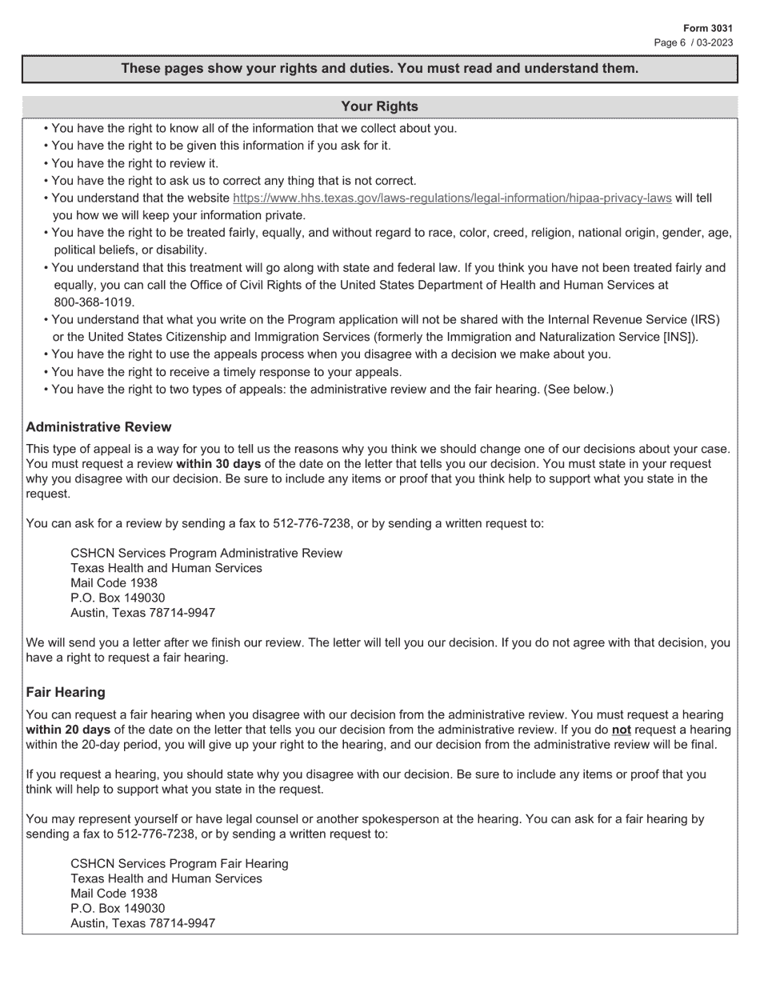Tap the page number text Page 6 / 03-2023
tap(693, 42)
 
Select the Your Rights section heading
tap(379, 106)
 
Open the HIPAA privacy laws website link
tap(451, 198)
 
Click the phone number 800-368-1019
tap(94, 302)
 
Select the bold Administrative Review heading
tap(98, 426)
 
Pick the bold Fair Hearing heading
tap(66, 691)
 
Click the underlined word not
tap(621, 730)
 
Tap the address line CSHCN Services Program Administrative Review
tap(206, 553)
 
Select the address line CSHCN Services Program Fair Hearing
tap(179, 863)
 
